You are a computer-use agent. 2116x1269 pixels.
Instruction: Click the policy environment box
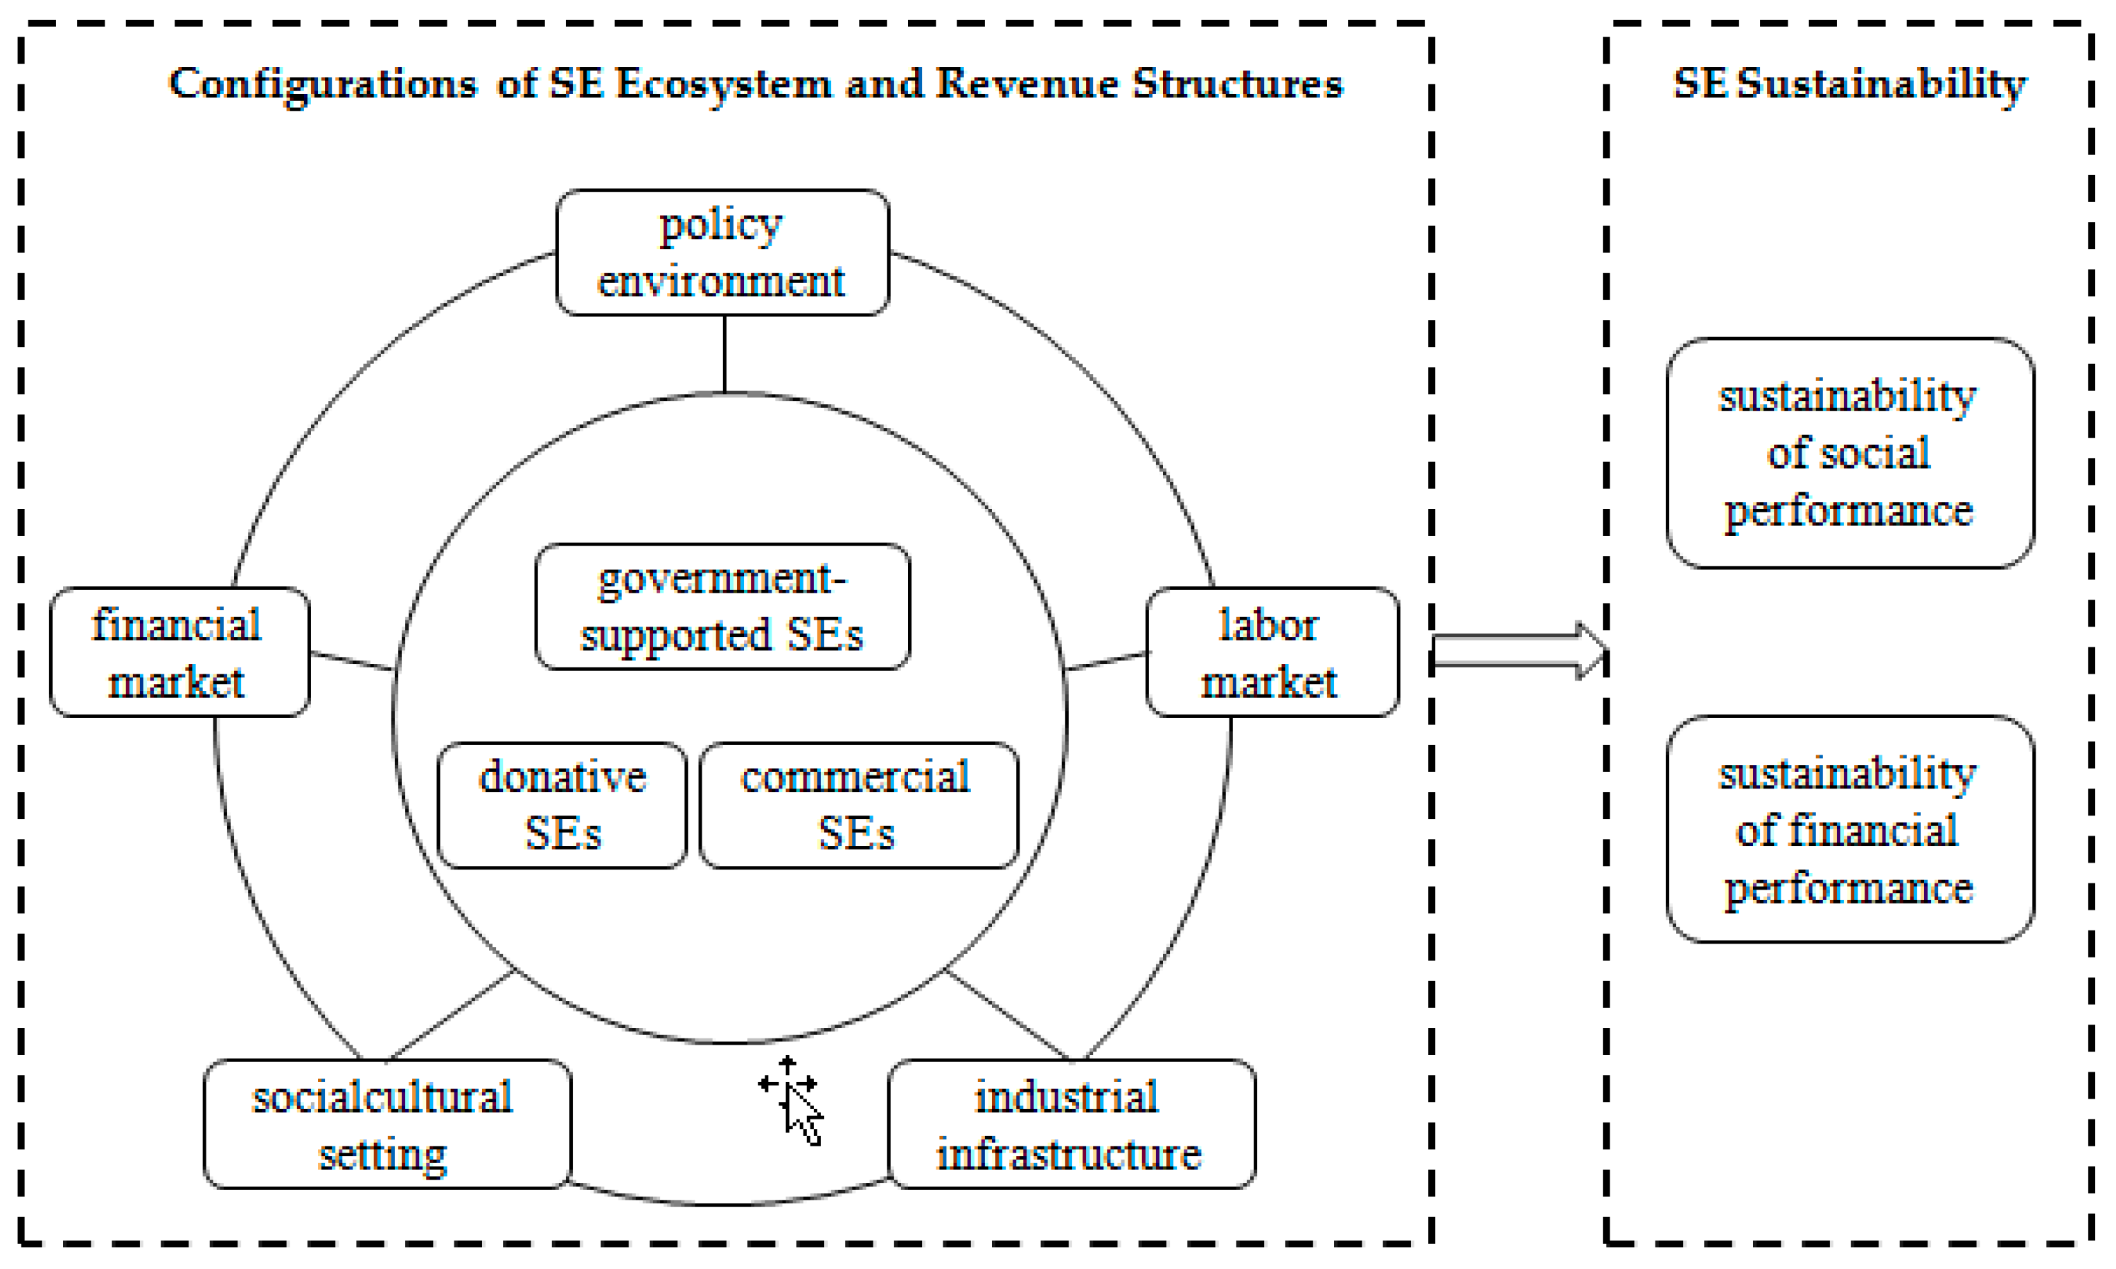[x=722, y=253]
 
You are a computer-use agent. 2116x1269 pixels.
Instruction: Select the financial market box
[x=179, y=652]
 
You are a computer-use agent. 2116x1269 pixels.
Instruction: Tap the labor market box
[x=1271, y=652]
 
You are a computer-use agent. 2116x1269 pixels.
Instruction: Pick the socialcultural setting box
[x=386, y=1124]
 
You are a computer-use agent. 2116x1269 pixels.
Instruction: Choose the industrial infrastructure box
[x=1071, y=1124]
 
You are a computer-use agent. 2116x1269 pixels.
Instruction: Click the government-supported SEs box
[x=722, y=606]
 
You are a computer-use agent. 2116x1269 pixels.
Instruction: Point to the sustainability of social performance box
[x=1849, y=453]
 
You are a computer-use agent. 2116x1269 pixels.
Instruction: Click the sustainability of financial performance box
[x=1849, y=829]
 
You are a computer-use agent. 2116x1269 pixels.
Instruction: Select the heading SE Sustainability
[x=1849, y=84]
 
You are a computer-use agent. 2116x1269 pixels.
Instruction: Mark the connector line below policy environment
[x=724, y=354]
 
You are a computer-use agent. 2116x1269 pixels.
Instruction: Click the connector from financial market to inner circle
[x=352, y=661]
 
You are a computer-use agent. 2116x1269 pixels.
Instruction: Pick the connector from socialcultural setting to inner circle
[x=451, y=1016]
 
